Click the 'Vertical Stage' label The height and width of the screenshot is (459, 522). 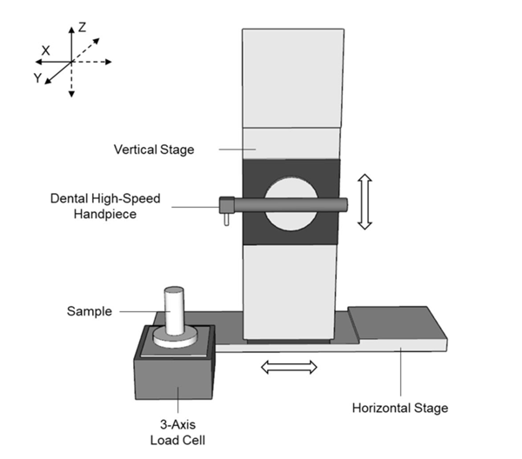point(154,150)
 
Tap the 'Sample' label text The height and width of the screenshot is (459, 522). point(89,310)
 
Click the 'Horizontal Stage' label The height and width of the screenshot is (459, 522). point(400,407)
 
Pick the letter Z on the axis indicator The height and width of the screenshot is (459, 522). point(81,27)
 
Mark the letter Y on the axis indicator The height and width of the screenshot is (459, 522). point(37,78)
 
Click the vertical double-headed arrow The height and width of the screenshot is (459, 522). point(365,202)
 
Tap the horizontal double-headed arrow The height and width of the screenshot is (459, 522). point(291,368)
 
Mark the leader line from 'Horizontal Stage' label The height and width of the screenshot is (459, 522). point(400,374)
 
